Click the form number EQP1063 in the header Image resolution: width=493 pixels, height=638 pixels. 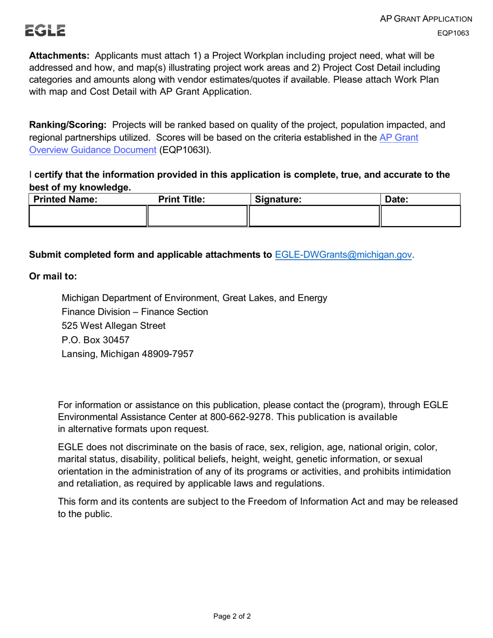click(453, 33)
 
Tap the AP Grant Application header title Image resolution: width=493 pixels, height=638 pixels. click(426, 19)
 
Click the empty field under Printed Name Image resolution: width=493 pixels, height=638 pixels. click(88, 216)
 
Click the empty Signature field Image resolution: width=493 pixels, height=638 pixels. click(314, 216)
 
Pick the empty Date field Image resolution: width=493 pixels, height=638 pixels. click(421, 216)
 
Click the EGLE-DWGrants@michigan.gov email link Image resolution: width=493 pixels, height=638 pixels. click(344, 255)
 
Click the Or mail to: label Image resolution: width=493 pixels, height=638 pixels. click(53, 276)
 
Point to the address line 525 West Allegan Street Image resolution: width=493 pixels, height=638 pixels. click(114, 326)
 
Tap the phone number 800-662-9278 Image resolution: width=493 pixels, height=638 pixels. click(240, 417)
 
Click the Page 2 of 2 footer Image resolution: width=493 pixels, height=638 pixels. click(232, 617)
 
